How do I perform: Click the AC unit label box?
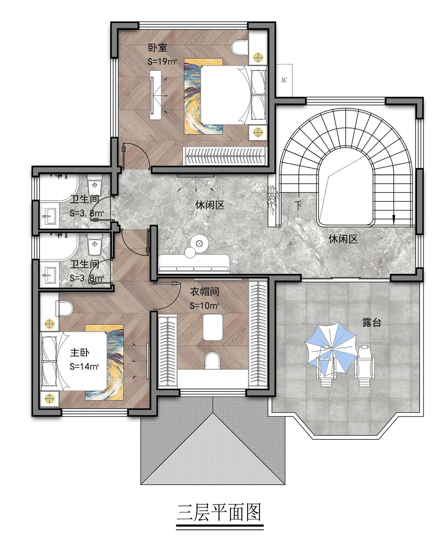tap(284, 80)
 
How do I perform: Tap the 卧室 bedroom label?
tap(157, 48)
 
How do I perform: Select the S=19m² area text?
tap(162, 62)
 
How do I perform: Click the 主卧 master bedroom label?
tap(79, 352)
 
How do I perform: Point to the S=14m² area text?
tap(84, 367)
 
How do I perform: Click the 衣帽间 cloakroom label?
tap(205, 292)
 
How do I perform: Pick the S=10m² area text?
tap(204, 306)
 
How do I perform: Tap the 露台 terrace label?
tap(372, 323)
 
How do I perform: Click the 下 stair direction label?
tap(299, 206)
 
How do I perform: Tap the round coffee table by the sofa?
tap(199, 244)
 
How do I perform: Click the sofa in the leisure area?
tap(194, 263)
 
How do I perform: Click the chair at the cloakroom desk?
tap(213, 360)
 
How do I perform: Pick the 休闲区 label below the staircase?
tap(343, 239)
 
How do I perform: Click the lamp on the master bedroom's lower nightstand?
tap(50, 399)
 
